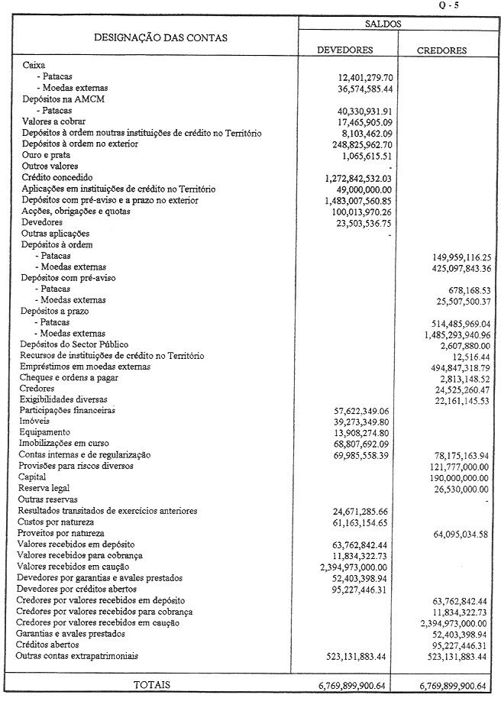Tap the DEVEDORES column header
pos(345,50)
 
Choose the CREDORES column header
pos(442,51)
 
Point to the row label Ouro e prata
pos(47,155)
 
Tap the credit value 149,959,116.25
pos(450,257)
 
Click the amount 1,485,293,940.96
pos(448,334)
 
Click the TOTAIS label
pos(153,685)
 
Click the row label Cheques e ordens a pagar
pos(71,378)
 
